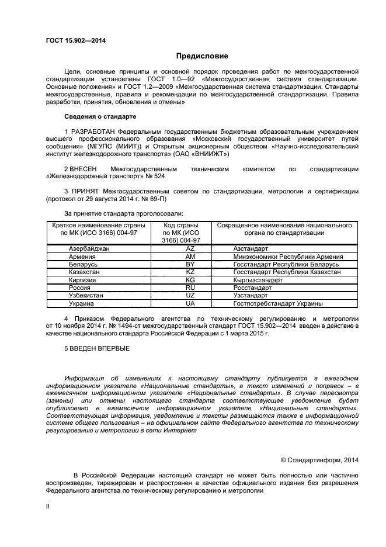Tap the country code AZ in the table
point(190,248)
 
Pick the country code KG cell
point(190,280)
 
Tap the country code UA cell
point(190,304)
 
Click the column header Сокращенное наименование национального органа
point(284,229)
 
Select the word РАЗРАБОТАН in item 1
point(93,131)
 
